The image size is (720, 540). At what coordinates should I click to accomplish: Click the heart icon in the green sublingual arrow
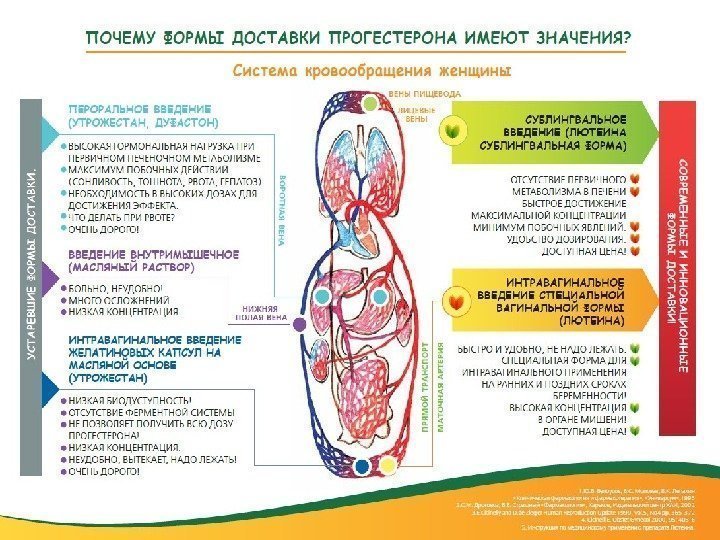(455, 131)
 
